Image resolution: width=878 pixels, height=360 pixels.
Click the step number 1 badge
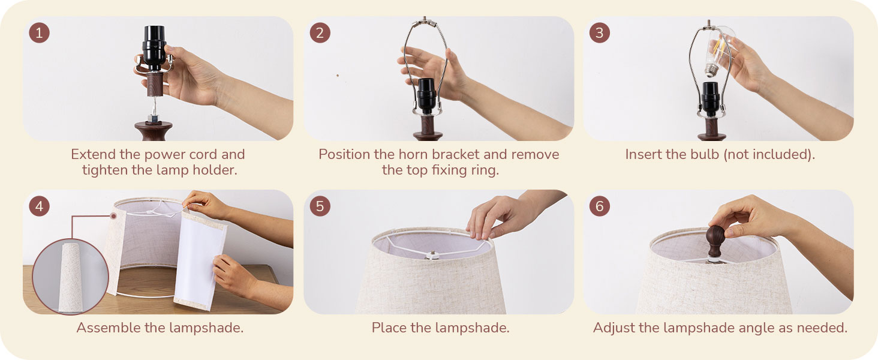39,32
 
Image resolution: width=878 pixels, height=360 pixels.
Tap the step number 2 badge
320,32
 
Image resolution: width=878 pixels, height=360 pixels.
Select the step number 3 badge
599,32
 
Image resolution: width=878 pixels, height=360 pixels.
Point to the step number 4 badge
39,206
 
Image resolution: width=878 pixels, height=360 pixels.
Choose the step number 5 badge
320,206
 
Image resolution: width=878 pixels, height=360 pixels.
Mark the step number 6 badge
599,206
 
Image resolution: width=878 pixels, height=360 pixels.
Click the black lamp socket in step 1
153,48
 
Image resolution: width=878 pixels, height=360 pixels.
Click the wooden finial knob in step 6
715,240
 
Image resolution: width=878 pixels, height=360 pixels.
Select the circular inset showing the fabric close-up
70,276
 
